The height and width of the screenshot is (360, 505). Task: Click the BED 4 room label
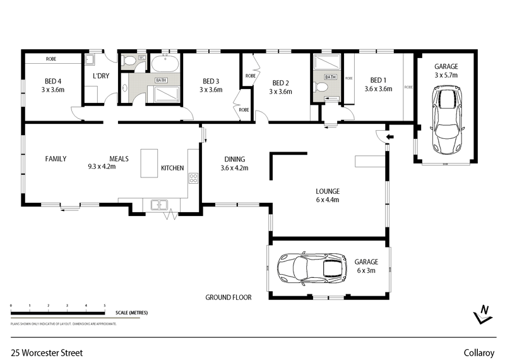click(53, 81)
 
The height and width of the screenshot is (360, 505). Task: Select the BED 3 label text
click(211, 81)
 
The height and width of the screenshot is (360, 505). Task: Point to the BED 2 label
click(280, 83)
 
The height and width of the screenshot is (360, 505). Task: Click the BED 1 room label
click(378, 80)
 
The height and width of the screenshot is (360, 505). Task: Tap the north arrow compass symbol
click(483, 314)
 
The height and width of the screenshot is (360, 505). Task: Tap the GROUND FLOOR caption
click(229, 297)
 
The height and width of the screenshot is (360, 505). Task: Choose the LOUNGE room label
click(328, 191)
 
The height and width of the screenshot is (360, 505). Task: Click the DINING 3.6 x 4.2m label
click(234, 164)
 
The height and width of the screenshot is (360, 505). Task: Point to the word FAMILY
click(55, 159)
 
